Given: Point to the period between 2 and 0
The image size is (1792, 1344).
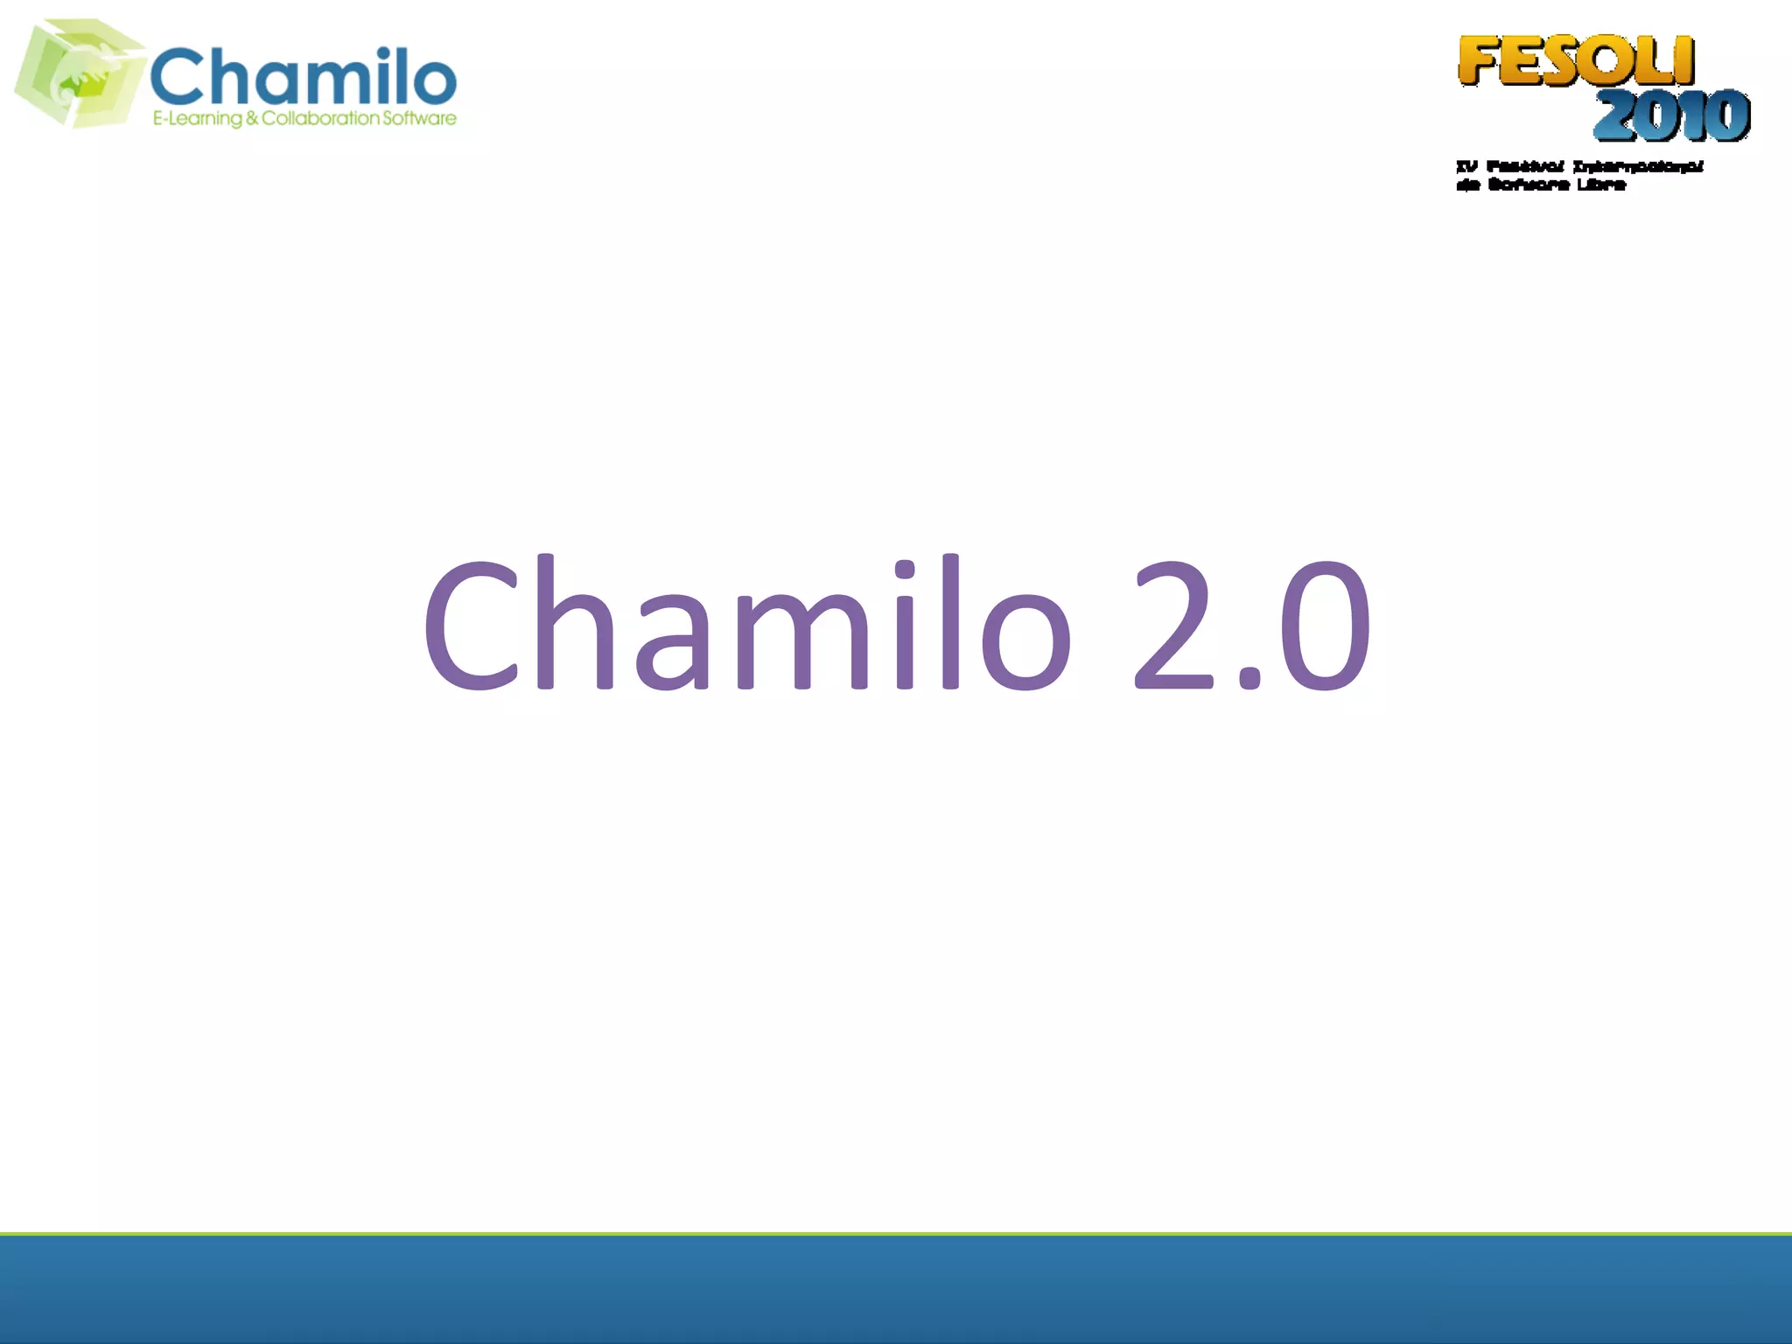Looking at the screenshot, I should click(x=1249, y=677).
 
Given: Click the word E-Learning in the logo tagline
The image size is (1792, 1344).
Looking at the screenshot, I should click(x=197, y=119).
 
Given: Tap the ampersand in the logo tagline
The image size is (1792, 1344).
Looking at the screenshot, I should click(x=252, y=118).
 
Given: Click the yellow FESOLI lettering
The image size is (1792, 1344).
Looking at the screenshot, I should click(x=1576, y=61).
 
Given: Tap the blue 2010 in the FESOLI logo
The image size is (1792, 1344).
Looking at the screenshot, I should click(x=1671, y=115).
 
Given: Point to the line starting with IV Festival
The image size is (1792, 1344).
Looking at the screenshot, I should click(x=1579, y=166).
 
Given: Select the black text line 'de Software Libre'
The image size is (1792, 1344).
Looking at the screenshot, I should click(x=1541, y=185).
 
